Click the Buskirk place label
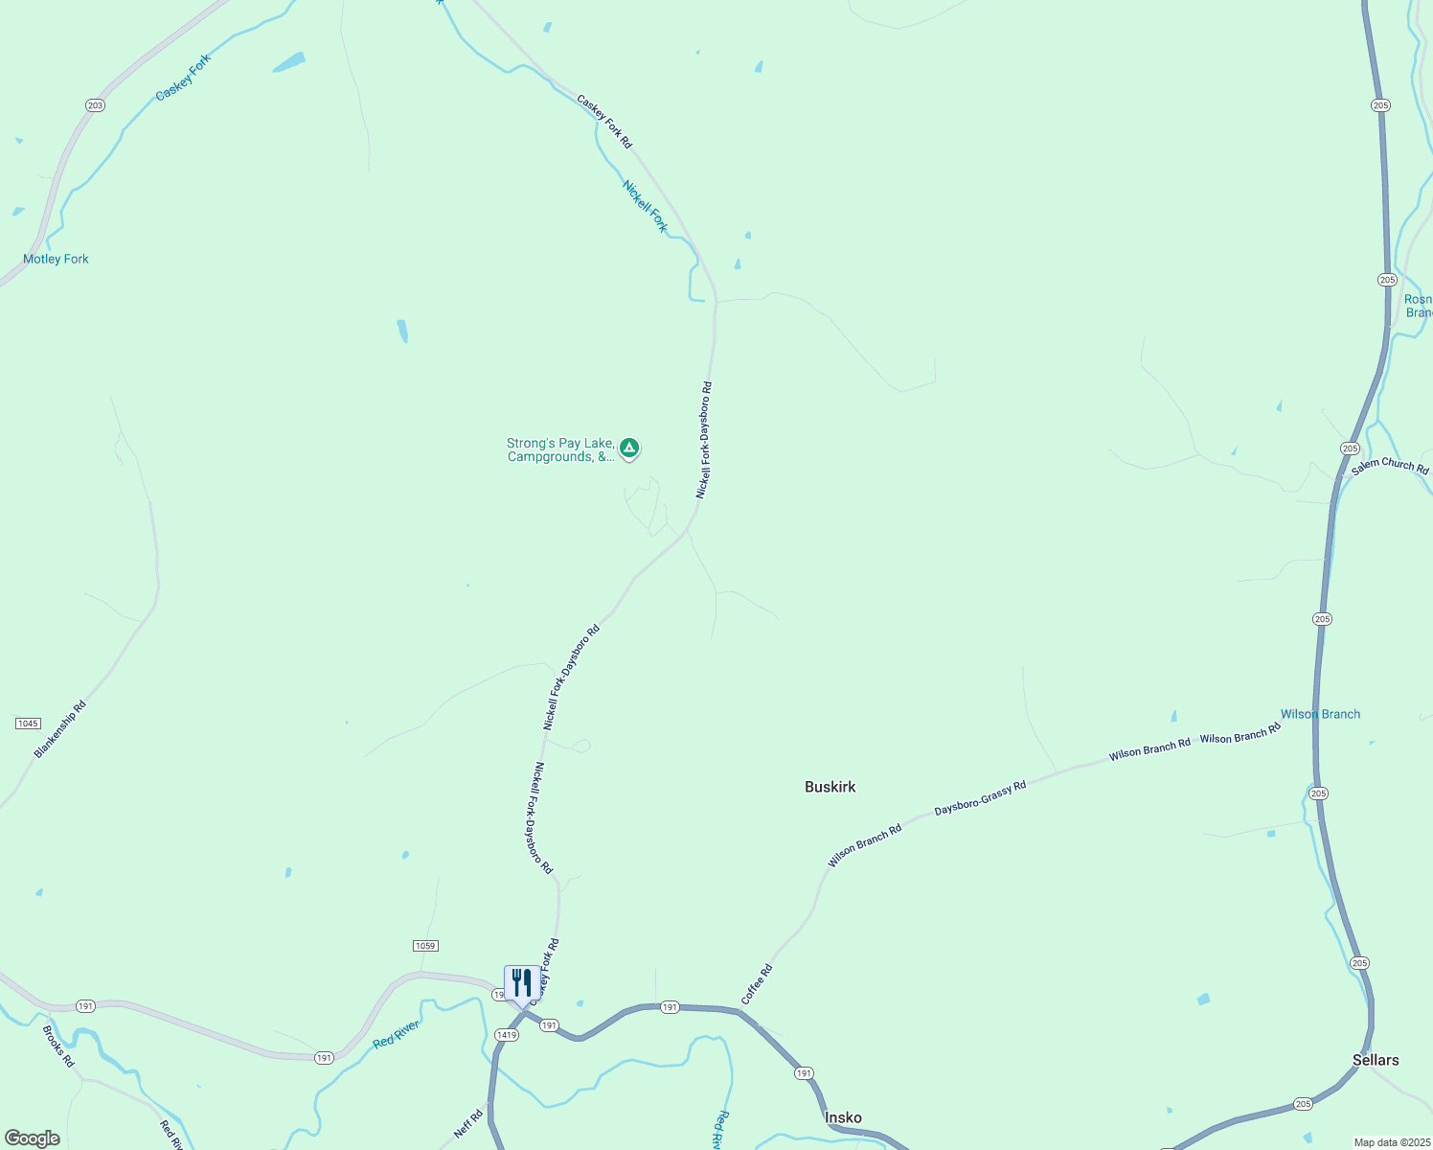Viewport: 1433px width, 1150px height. click(830, 787)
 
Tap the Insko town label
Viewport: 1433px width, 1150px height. click(843, 1117)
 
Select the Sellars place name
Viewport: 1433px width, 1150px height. click(1375, 1060)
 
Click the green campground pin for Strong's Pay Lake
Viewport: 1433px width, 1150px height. click(629, 448)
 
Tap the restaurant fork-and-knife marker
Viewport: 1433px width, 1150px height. click(521, 983)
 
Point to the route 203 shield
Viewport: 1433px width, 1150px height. click(95, 105)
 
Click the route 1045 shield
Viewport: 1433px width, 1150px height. click(28, 724)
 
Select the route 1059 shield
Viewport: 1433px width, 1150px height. click(425, 946)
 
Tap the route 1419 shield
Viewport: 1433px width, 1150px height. click(507, 1035)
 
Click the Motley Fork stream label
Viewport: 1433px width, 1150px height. click(56, 259)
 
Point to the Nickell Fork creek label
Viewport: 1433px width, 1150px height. click(645, 206)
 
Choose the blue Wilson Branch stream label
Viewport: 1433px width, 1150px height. click(1320, 714)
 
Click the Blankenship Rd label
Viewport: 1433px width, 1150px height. click(60, 729)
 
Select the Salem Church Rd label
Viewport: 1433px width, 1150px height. click(1390, 466)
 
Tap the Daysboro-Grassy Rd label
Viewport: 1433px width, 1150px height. click(980, 798)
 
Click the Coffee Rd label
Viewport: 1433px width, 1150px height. click(757, 985)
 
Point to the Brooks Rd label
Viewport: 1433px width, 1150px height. click(58, 1046)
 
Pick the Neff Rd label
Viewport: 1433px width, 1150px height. click(468, 1124)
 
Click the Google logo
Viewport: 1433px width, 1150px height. click(33, 1138)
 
